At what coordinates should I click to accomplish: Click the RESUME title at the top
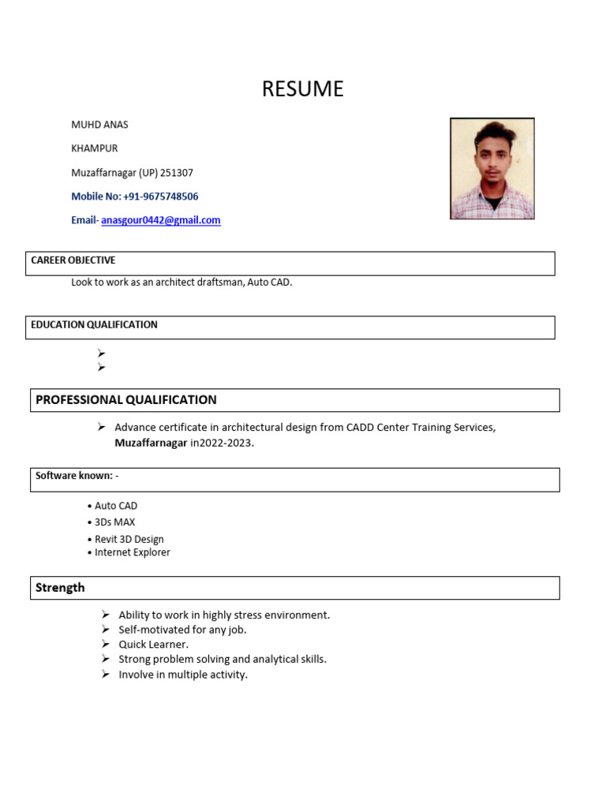coord(302,89)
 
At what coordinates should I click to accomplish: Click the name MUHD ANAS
coord(99,125)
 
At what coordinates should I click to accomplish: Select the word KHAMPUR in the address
coord(95,148)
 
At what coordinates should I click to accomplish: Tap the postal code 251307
coord(177,173)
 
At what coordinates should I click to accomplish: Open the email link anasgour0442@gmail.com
coord(161,220)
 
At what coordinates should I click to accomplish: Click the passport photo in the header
coord(492,168)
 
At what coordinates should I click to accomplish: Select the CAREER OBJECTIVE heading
coord(73,260)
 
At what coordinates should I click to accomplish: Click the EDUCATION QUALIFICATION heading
coord(94,324)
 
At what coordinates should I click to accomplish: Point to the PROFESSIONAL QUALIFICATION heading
coord(126,400)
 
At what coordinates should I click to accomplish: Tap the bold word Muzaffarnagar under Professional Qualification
coord(151,443)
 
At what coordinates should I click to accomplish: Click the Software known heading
coord(77,476)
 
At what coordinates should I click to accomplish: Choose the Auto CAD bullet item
coord(116,506)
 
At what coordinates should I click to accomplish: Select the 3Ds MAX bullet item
coord(115,522)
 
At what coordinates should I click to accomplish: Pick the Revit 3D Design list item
coord(129,540)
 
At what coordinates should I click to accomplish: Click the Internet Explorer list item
coord(133,552)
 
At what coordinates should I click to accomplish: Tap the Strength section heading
coord(60,588)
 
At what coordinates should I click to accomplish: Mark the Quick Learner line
coord(154,645)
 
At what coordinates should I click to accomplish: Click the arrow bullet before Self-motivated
coord(106,630)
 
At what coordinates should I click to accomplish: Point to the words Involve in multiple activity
coord(183,675)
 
